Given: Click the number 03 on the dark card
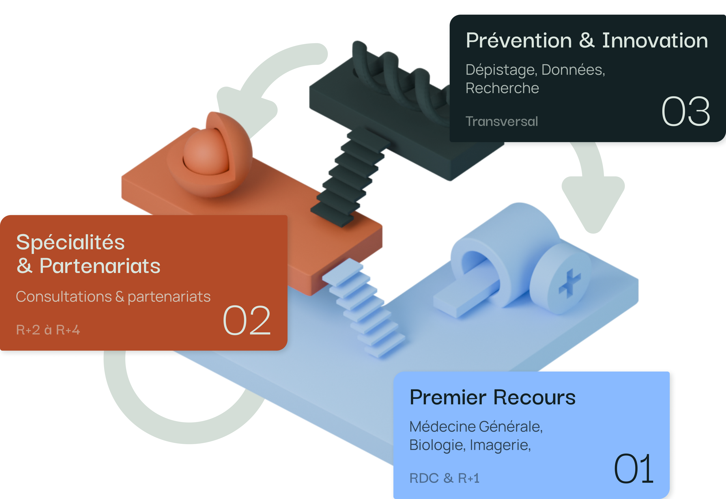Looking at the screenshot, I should [x=686, y=112].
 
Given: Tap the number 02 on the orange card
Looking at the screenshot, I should [x=247, y=320].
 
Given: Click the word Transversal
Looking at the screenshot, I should [x=502, y=121].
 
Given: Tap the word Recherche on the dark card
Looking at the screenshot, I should [x=502, y=88].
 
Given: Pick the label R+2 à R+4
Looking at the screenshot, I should [x=48, y=330].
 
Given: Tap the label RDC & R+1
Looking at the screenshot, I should [x=444, y=478].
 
